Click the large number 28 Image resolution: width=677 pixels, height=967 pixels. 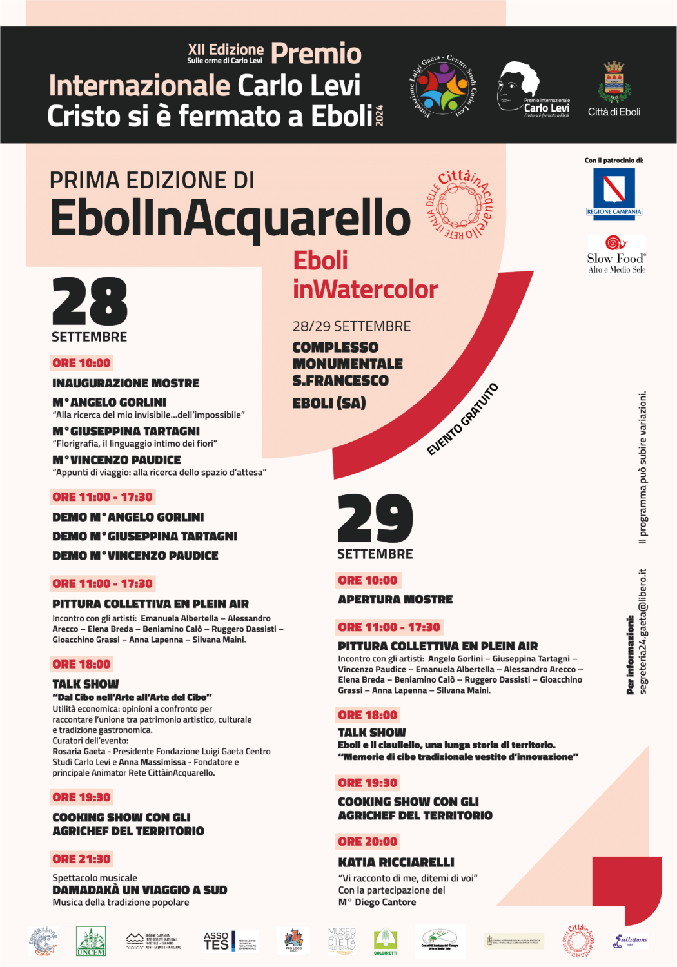point(90,301)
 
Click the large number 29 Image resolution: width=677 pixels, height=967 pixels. point(375,519)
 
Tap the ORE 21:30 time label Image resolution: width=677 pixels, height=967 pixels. point(81,859)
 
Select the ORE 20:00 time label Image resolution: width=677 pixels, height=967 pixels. point(368,841)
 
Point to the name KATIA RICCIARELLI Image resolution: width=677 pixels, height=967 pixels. point(396,862)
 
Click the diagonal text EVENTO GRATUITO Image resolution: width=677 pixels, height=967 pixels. point(462,420)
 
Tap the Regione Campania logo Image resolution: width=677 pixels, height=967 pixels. point(614,192)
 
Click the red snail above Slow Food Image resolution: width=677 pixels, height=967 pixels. point(616,242)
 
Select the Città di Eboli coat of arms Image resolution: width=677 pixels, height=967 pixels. point(614,83)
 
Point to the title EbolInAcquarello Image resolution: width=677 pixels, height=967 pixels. point(230,217)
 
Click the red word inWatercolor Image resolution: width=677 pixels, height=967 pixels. point(365,289)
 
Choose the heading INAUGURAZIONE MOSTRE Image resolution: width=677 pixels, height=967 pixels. point(126,383)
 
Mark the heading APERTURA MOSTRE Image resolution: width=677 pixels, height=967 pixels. point(395,600)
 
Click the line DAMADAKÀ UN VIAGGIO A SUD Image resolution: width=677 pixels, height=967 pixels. point(140,890)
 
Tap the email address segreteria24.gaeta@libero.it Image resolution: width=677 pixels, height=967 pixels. point(643,631)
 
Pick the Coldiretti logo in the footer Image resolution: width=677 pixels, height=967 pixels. point(386,941)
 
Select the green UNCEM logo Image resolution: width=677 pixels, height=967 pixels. point(90,941)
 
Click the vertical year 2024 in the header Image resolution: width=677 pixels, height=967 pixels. point(379,115)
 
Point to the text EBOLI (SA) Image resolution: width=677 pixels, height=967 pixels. point(329,403)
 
